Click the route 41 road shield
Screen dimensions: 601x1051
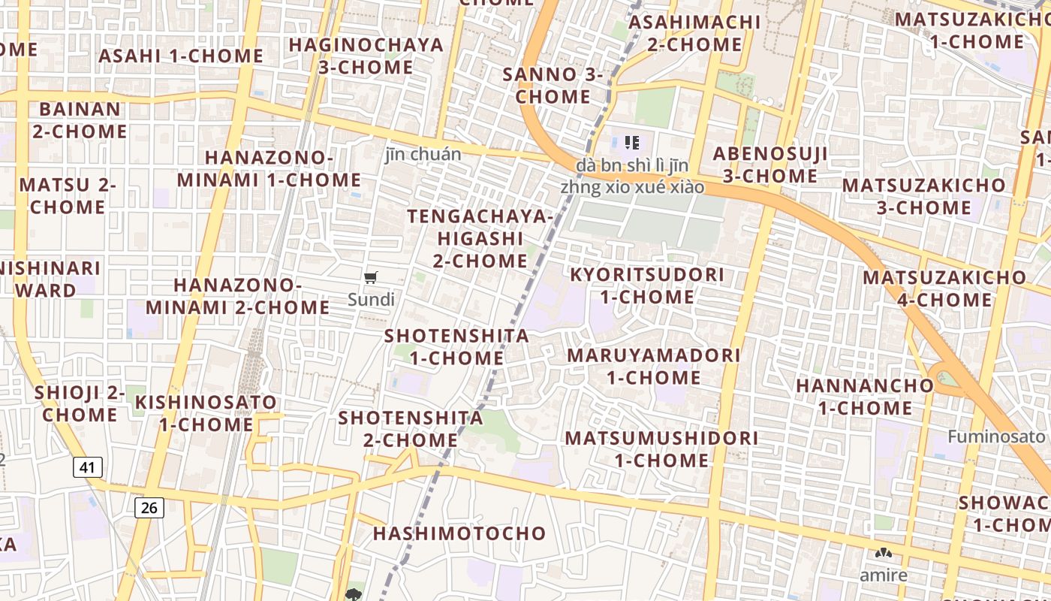pos(88,467)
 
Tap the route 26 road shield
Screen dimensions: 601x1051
pos(149,508)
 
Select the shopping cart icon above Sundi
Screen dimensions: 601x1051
pos(370,278)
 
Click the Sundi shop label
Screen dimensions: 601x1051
pos(371,300)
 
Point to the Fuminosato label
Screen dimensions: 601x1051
pos(995,436)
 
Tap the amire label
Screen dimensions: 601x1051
pos(884,575)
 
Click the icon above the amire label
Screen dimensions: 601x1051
pos(884,554)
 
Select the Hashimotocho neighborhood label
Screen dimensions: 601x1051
pos(459,533)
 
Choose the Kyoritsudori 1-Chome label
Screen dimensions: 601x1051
pos(647,285)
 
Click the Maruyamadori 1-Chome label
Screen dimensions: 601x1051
pos(653,366)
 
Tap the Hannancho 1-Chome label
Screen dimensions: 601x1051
pos(865,397)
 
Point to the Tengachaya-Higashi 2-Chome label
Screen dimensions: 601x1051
pos(480,239)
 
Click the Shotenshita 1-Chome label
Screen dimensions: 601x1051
pos(456,346)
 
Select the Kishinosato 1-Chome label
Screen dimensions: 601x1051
pos(206,413)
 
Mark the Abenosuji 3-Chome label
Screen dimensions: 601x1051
pos(770,165)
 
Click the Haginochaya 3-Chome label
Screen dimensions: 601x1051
pos(366,56)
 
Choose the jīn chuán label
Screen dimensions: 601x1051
pos(423,155)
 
